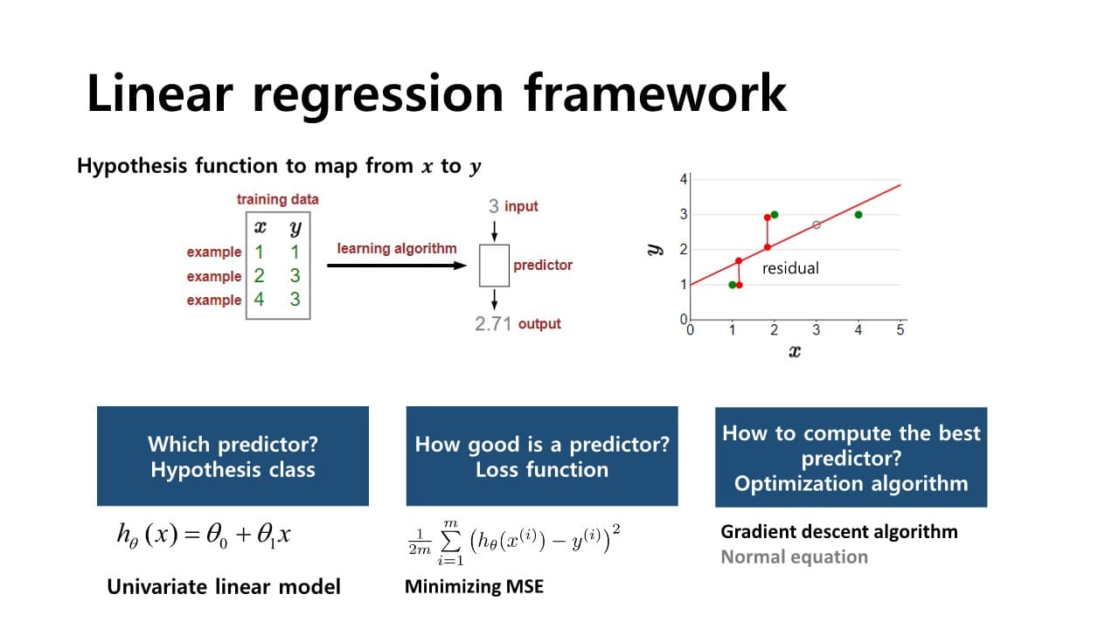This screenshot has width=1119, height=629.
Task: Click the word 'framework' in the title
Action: coord(655,93)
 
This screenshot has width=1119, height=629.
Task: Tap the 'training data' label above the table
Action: coord(277,199)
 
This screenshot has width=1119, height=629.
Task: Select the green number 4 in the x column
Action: coord(259,300)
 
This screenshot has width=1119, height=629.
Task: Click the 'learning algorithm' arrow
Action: coord(398,265)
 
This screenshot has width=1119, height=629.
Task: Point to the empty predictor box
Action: coord(494,265)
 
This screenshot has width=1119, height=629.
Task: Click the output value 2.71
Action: coord(492,324)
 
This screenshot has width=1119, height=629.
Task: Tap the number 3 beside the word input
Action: coord(494,206)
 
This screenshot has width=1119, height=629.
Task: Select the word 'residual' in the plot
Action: coord(790,268)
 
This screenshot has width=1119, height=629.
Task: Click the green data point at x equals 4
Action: coord(858,215)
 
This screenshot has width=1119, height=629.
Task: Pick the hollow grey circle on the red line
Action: coord(817,225)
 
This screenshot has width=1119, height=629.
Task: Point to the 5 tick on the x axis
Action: coord(900,330)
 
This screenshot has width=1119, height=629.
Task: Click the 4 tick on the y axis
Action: coord(684,179)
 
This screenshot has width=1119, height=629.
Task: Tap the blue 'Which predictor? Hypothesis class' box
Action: coord(233,456)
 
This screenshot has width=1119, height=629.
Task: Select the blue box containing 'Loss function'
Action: coord(542,456)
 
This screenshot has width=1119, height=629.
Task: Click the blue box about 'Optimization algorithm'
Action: coord(851,457)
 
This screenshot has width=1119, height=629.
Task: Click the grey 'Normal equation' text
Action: coord(794,556)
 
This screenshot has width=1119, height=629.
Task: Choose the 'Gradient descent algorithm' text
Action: coord(838,531)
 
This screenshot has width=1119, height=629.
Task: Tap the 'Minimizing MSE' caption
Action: coord(474,586)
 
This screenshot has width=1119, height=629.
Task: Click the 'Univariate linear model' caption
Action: coord(224,586)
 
